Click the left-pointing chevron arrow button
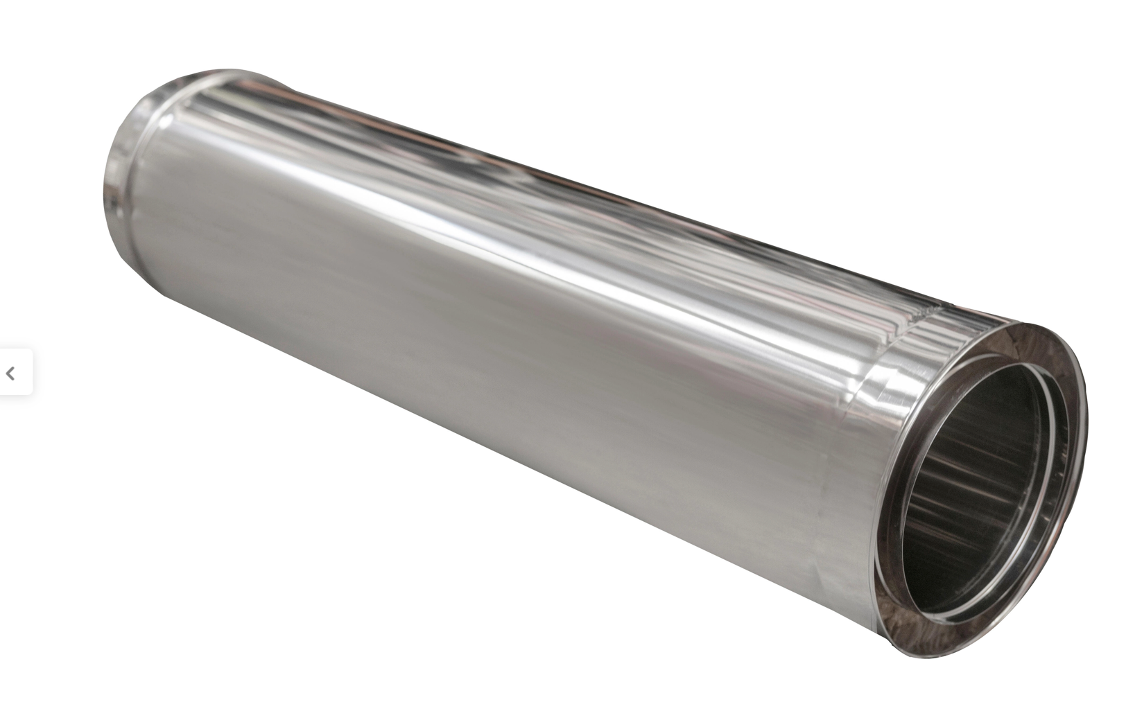click(x=10, y=374)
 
